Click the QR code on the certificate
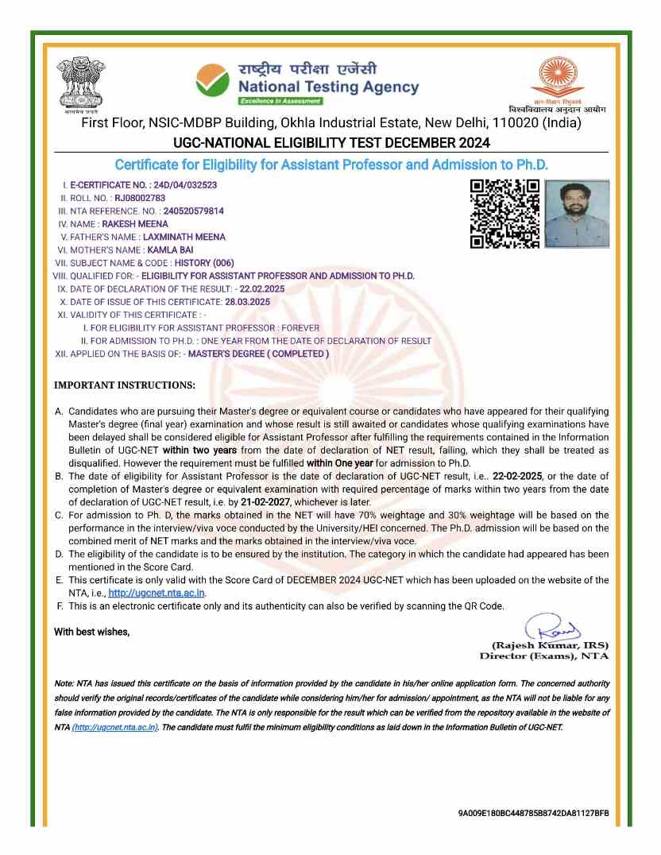(504, 214)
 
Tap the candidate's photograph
(578, 214)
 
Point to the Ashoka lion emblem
(81, 83)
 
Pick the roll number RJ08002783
(140, 198)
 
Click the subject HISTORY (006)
(204, 262)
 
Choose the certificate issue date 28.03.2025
(247, 302)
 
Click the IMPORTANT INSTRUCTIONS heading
(124, 385)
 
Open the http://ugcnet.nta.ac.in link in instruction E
(157, 592)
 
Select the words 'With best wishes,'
(91, 632)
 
